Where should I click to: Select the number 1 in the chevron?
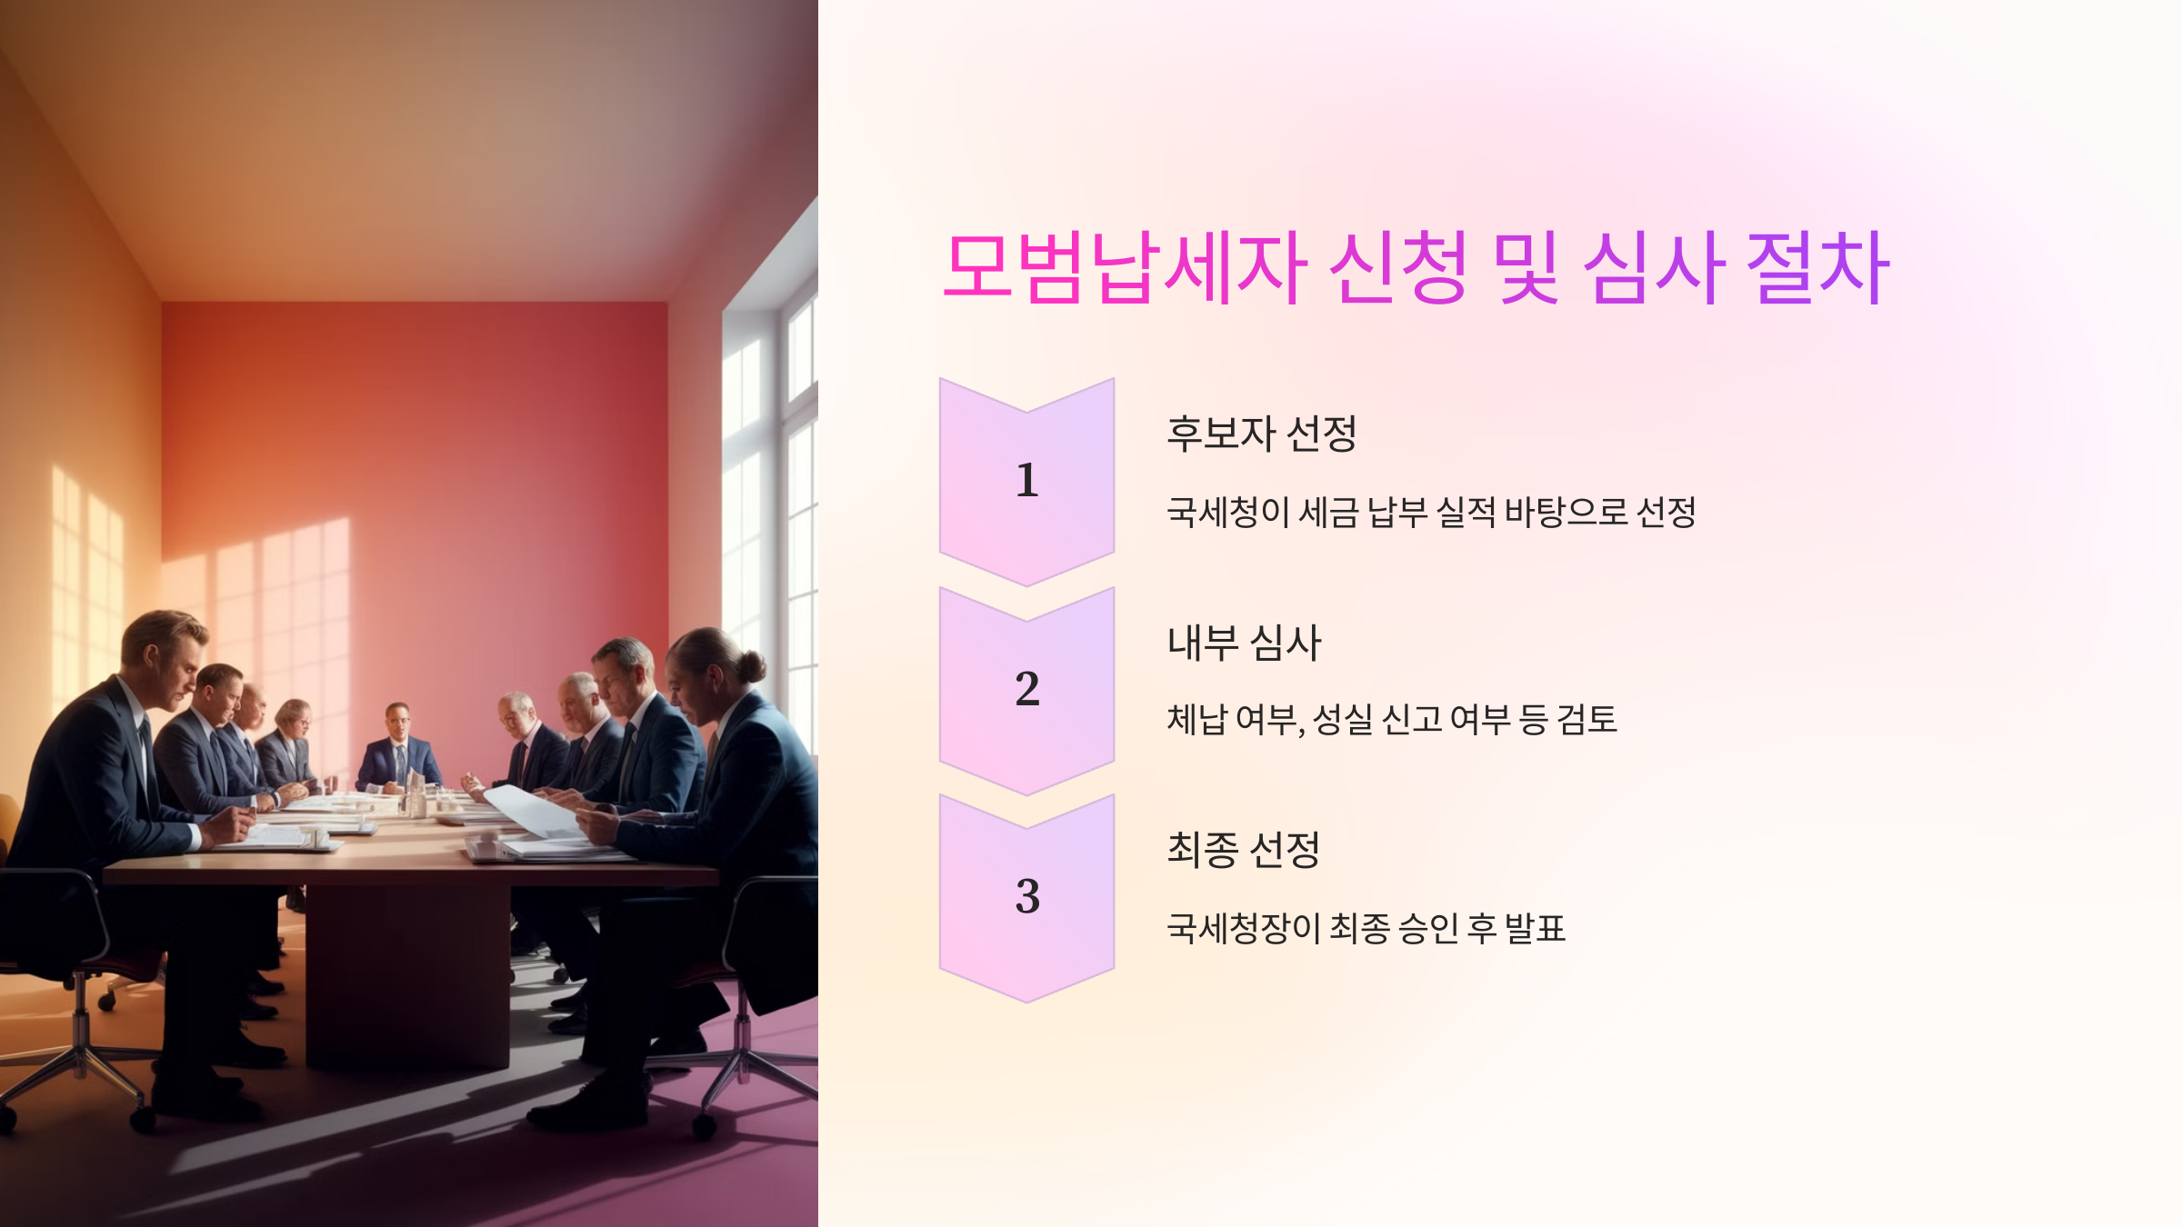tap(1027, 480)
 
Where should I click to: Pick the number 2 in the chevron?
tap(1027, 689)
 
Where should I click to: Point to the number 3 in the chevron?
tap(1027, 896)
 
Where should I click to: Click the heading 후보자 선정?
tap(1261, 434)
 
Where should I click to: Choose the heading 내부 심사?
tap(1244, 643)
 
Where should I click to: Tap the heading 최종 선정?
tap(1243, 850)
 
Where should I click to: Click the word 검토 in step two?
tap(1586, 720)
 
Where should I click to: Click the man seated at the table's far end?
tap(398, 745)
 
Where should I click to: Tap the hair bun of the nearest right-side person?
tap(752, 665)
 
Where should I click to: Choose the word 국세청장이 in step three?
tap(1243, 928)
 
